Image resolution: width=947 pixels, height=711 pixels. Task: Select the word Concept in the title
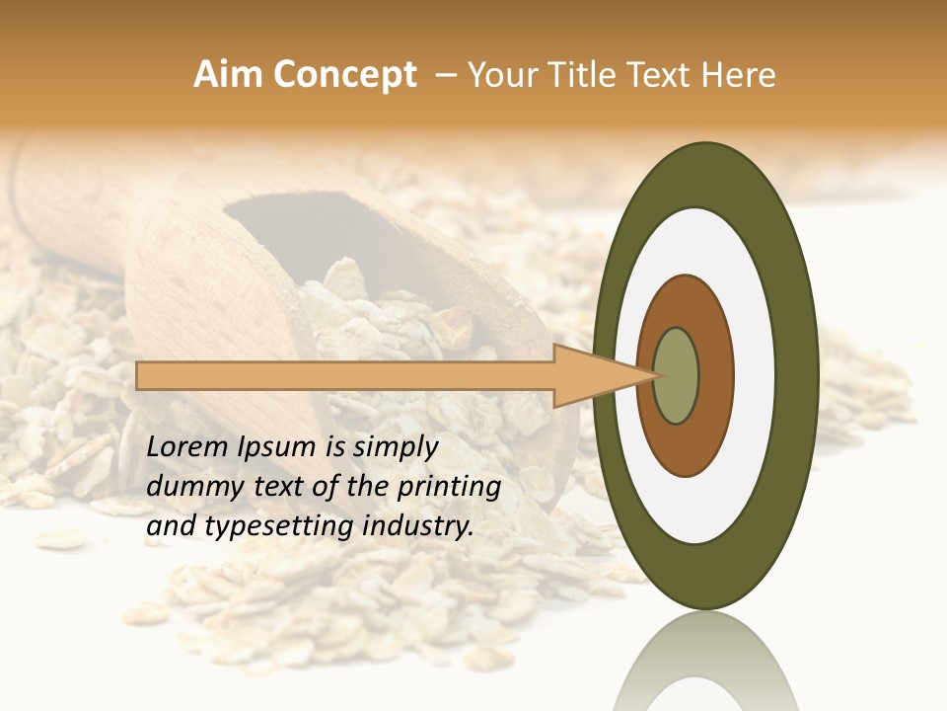(345, 75)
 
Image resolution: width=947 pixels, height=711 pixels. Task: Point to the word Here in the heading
(740, 75)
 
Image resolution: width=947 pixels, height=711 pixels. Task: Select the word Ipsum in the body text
(279, 447)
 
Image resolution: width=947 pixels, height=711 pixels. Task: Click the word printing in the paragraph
(448, 487)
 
